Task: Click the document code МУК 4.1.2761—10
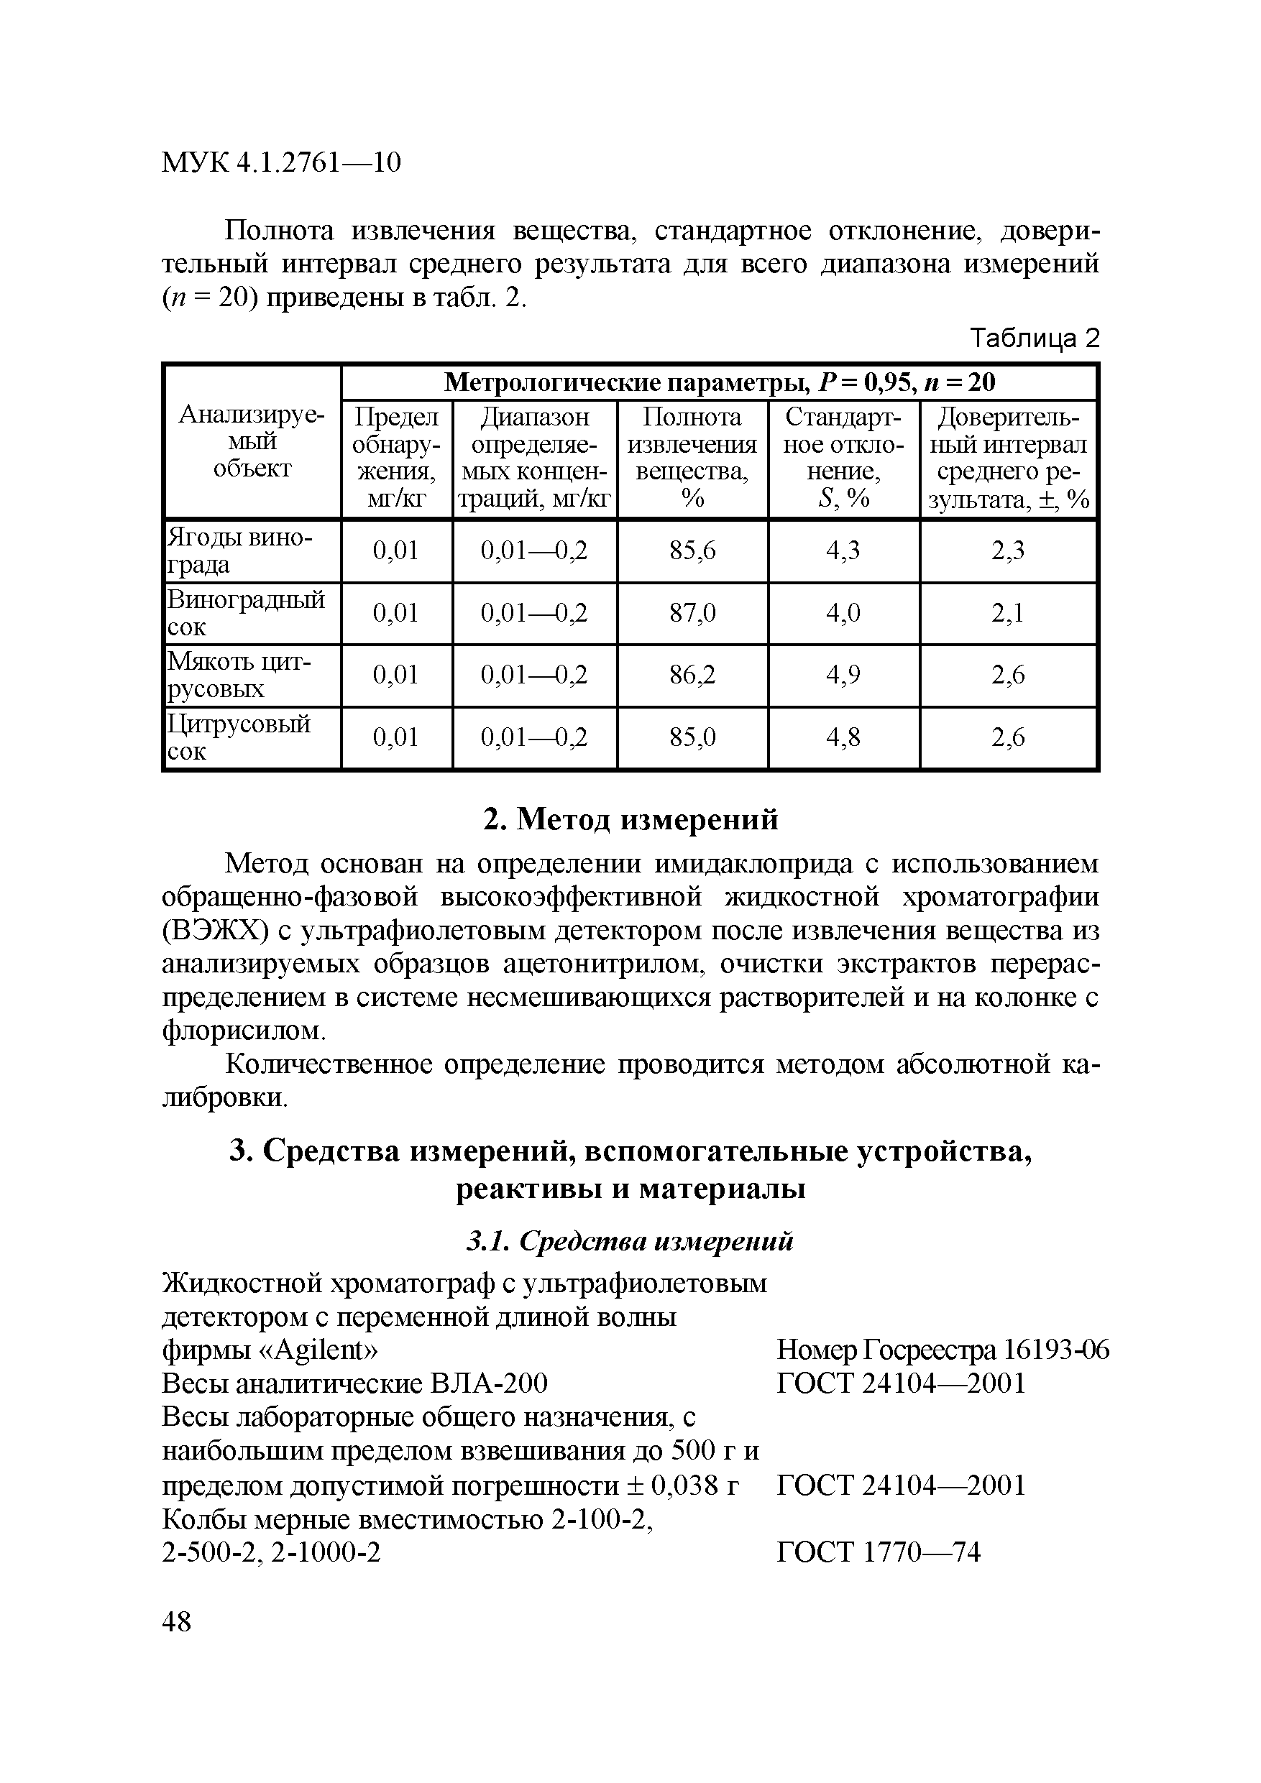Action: click(x=280, y=162)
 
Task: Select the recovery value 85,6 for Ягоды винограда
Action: click(x=692, y=550)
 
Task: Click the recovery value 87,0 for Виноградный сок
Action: click(x=692, y=614)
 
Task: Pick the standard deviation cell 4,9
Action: click(x=843, y=675)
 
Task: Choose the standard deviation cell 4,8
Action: click(x=843, y=737)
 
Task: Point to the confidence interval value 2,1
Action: click(x=1008, y=614)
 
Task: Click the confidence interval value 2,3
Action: click(x=1008, y=550)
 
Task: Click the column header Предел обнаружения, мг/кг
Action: click(x=396, y=459)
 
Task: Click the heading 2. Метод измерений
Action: click(x=630, y=819)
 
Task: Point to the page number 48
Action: click(x=176, y=1621)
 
